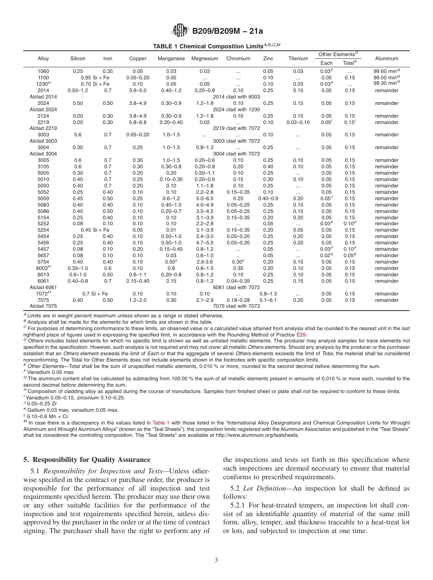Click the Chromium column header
238,59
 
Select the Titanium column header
298,59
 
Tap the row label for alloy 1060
43,71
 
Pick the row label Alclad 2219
43,129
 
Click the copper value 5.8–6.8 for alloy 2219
138,122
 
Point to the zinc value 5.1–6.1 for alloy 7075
268,300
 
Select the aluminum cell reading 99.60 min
387,71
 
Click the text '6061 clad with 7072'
236,287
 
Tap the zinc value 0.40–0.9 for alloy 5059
268,198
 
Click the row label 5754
43,262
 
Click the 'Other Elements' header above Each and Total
338,55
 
